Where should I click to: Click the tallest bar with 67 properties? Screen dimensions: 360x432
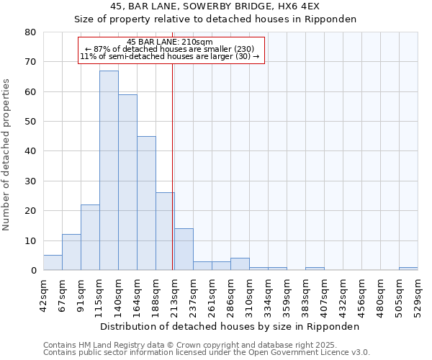coord(109,171)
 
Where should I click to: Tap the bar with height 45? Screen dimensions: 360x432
coord(146,203)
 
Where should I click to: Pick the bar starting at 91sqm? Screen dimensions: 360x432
coord(90,238)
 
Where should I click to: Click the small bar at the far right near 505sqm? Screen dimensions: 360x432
coord(408,269)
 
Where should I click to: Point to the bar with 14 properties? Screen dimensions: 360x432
coord(184,249)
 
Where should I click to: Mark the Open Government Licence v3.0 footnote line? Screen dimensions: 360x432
coord(207,353)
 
